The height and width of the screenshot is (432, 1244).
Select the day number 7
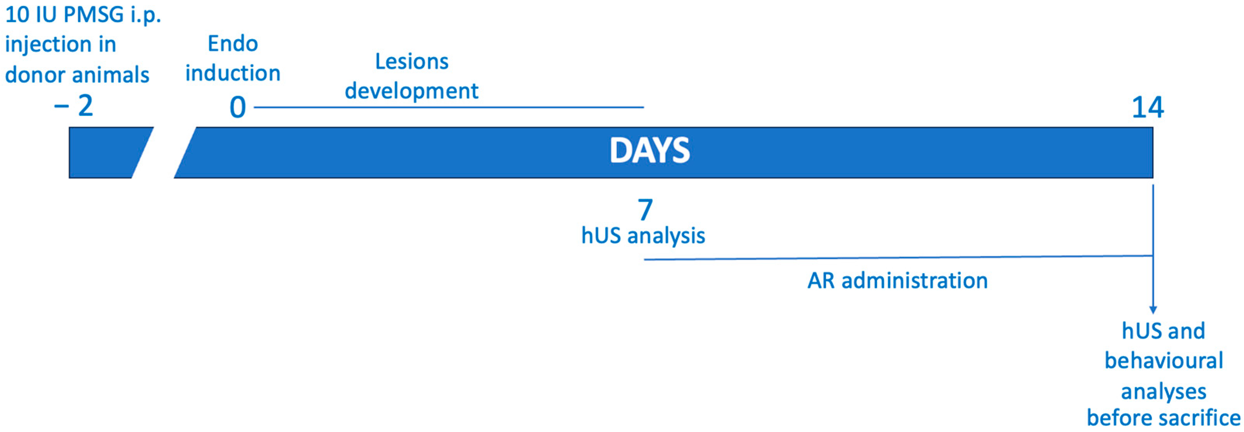(x=645, y=209)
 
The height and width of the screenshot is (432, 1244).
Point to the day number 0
(x=238, y=107)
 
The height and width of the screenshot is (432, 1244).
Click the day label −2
(x=74, y=105)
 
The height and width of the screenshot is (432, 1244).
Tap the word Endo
(x=233, y=44)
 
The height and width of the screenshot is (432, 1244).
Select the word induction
(x=233, y=74)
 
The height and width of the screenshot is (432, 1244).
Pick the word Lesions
(x=412, y=62)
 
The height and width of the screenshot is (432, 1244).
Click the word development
(x=411, y=91)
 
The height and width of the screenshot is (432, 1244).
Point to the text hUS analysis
(x=643, y=236)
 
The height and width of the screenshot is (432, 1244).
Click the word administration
(x=915, y=281)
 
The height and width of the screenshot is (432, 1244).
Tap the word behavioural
(x=1164, y=360)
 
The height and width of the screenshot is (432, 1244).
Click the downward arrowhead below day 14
(x=1153, y=310)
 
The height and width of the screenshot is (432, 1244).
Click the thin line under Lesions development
(x=449, y=107)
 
